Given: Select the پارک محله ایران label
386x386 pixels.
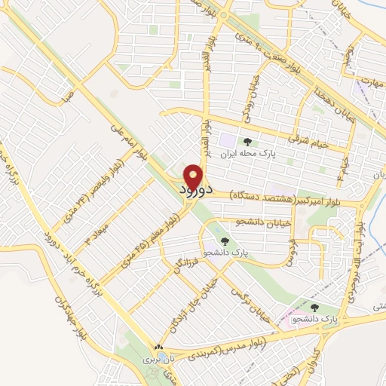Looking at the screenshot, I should [250, 152].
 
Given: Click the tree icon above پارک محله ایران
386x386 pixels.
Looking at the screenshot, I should [249, 140].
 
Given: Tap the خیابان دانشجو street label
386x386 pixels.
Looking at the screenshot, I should [237, 222].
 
